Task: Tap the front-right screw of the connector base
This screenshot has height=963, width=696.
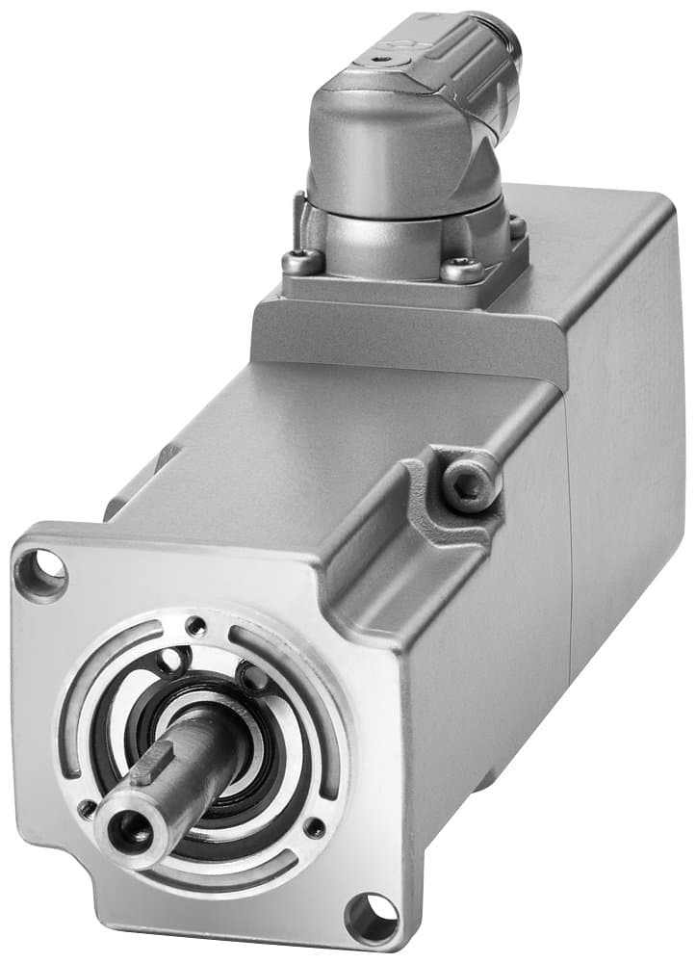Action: tap(461, 271)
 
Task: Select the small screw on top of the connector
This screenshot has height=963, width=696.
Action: tap(387, 58)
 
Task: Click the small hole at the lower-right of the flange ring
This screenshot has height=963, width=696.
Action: tap(314, 827)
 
